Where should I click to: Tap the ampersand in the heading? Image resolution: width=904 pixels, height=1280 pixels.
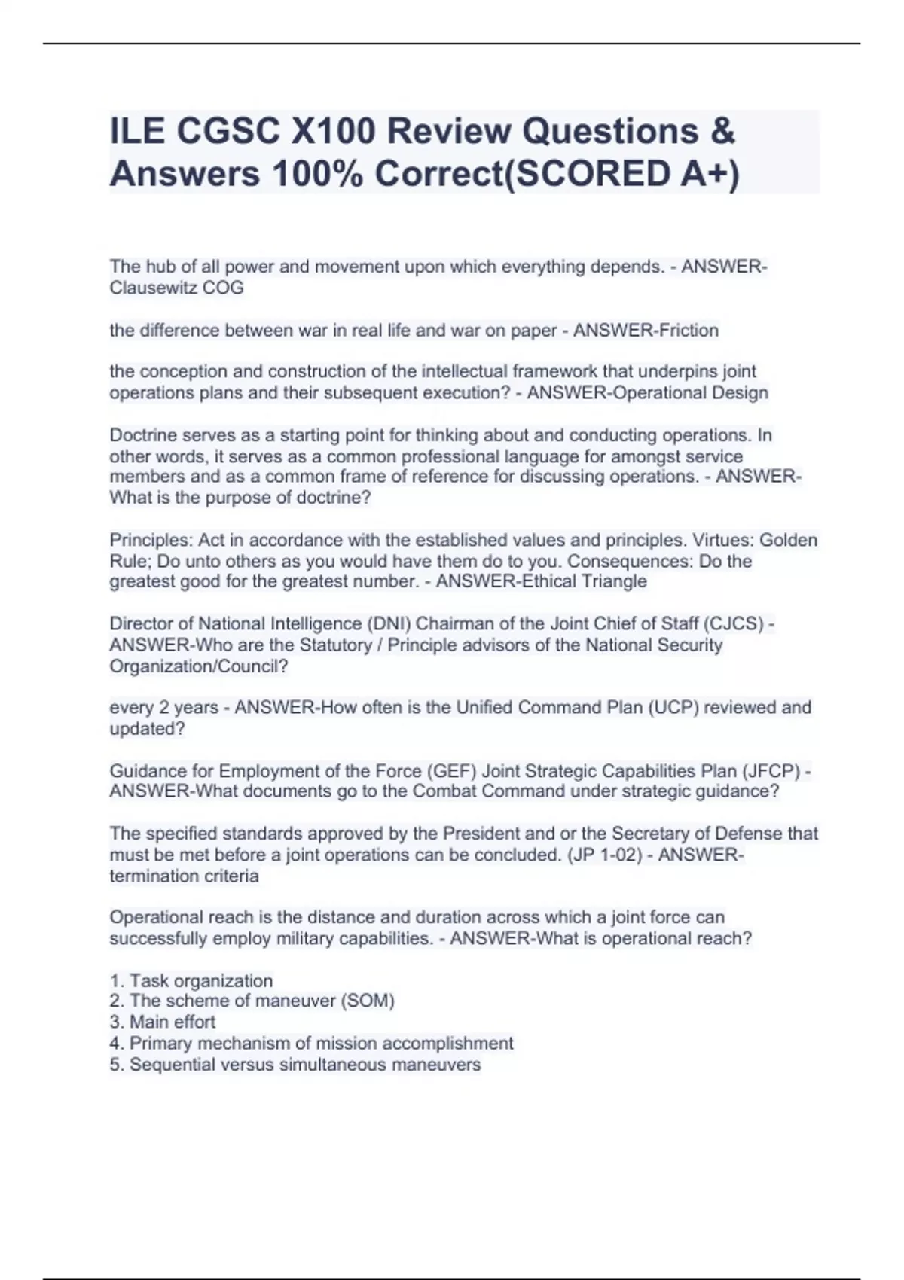(722, 132)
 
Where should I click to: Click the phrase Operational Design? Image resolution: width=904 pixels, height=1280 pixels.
(691, 392)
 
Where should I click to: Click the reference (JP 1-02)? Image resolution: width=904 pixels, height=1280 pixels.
(603, 855)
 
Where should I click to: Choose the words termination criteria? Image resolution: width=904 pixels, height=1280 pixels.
(184, 876)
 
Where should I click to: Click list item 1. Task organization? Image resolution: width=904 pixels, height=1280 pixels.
(191, 980)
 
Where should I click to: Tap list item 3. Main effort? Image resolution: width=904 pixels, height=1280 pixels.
(163, 1022)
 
